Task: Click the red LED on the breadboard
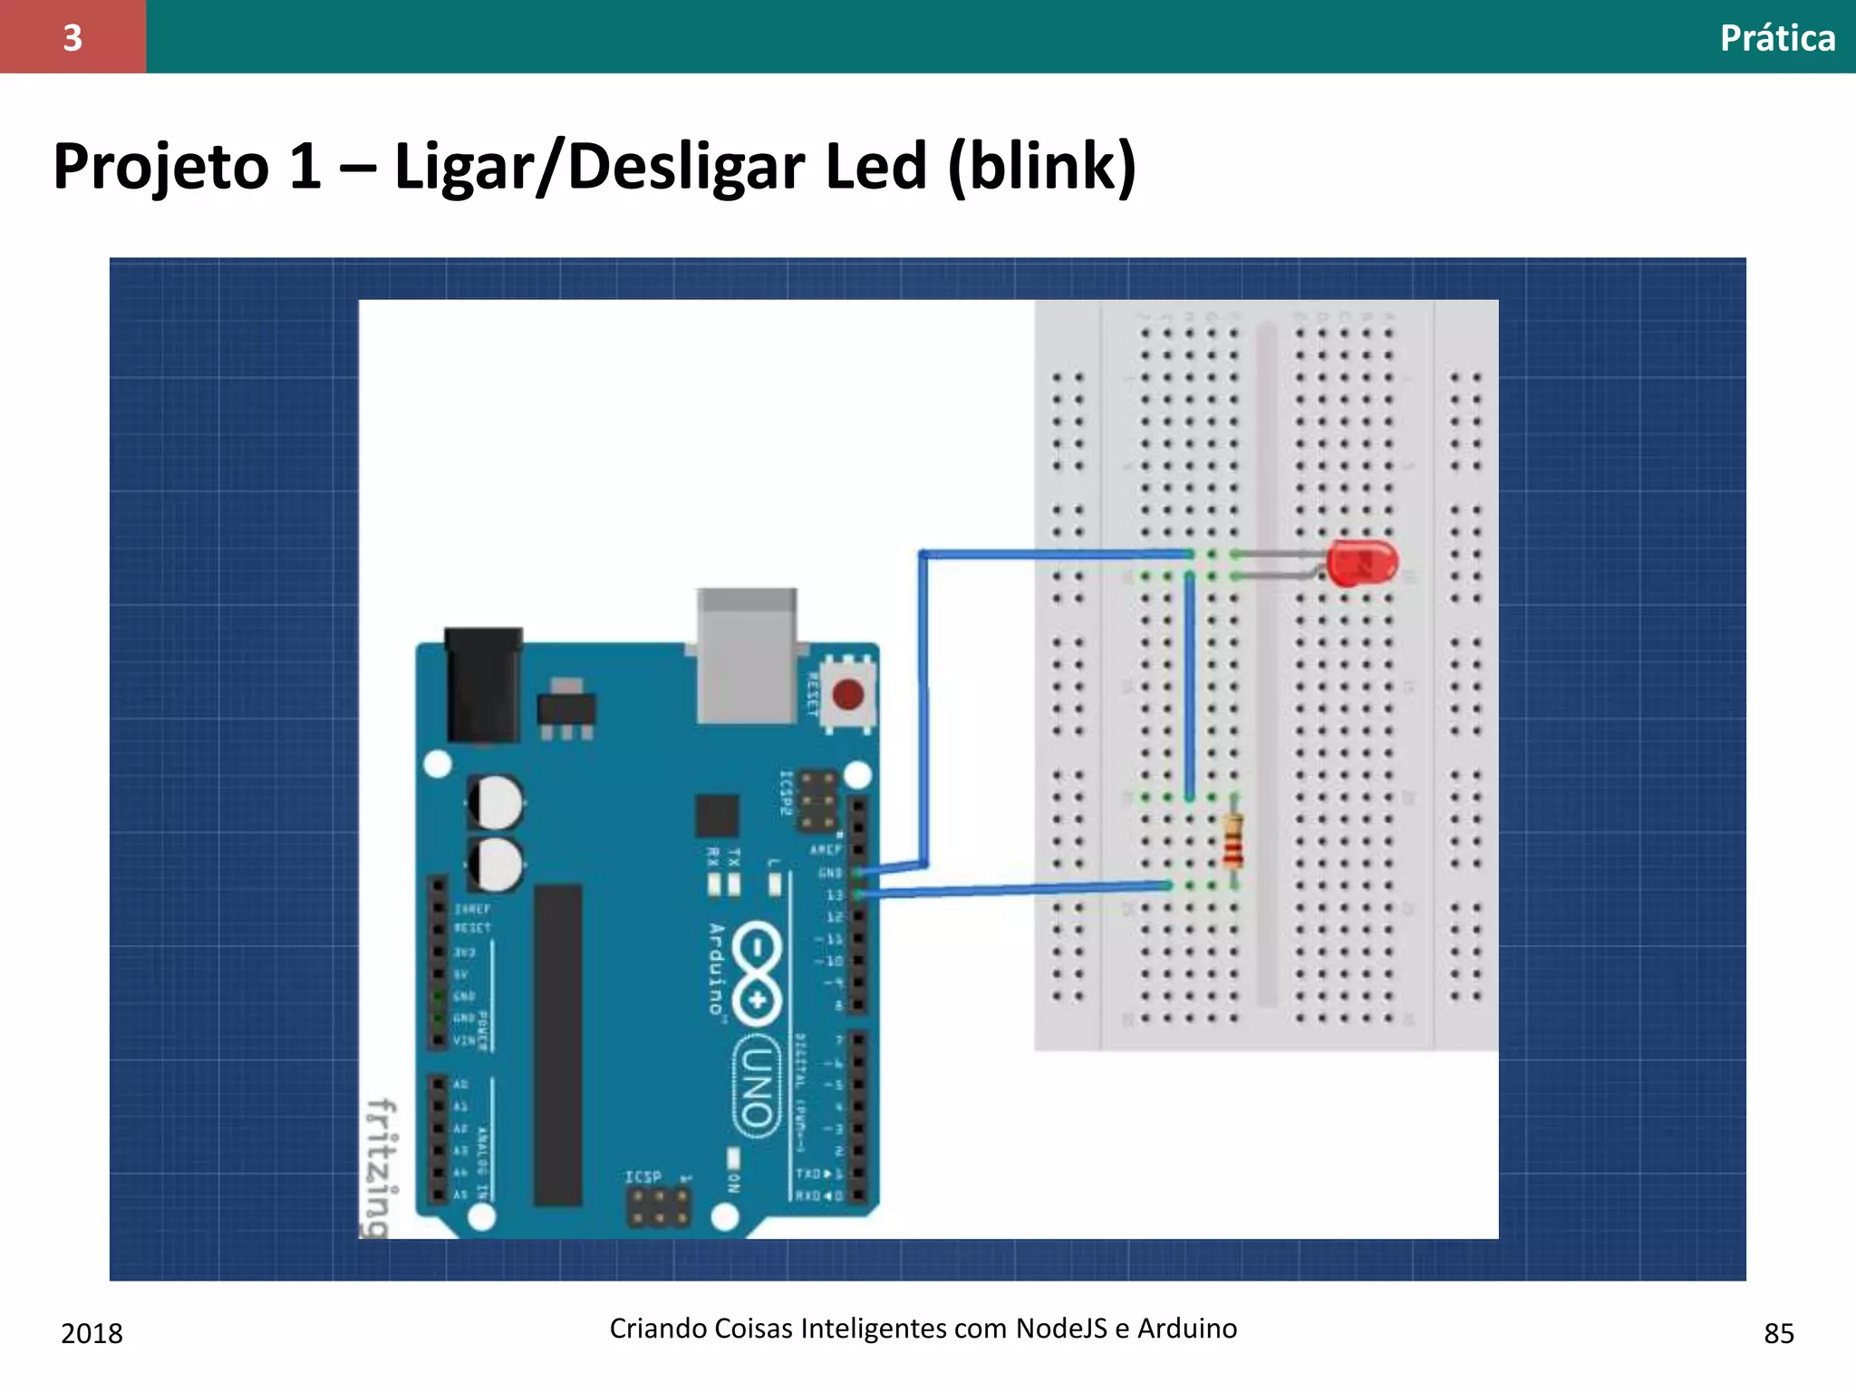pos(1361,563)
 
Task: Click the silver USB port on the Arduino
pos(747,655)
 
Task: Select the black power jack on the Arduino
pos(483,684)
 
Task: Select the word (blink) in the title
pos(1042,167)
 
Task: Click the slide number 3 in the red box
pos(72,37)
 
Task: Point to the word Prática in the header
pos(1777,38)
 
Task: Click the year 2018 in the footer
pos(92,1333)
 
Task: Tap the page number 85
pos(1779,1333)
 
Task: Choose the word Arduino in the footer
pos(1187,1329)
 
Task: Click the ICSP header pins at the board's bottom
pos(659,1206)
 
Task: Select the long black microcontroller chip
pos(557,1044)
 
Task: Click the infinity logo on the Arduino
pos(757,974)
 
